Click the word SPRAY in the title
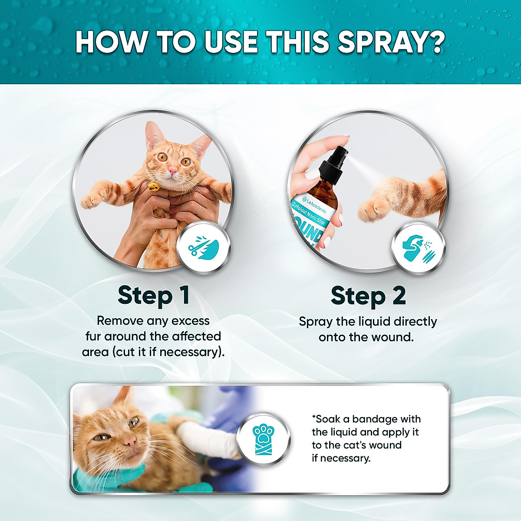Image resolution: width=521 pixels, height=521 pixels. tap(391, 42)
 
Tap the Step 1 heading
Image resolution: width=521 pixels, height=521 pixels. tap(153, 295)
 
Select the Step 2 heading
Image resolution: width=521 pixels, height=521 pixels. tap(368, 296)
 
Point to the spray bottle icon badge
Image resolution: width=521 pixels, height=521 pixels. tap(418, 248)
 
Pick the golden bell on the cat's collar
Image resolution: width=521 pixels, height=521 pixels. tap(153, 187)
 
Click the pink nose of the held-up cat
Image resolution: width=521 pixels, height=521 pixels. tap(173, 171)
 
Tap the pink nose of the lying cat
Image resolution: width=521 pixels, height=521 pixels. tap(129, 442)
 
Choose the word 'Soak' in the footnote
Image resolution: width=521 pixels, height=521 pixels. tap(327, 419)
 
